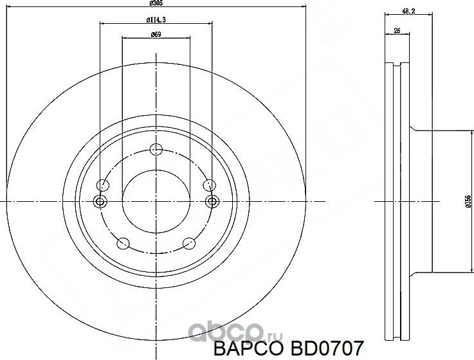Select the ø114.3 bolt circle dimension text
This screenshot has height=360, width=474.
click(156, 21)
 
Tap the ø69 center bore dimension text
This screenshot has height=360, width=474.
click(156, 35)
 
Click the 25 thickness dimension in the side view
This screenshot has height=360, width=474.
click(397, 30)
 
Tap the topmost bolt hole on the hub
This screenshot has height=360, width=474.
click(155, 150)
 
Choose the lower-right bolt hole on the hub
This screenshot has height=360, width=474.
click(188, 243)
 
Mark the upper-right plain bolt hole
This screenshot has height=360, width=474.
click(208, 185)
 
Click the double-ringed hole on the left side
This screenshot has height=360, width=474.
click(100, 202)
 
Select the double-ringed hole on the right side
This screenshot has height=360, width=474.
click(212, 202)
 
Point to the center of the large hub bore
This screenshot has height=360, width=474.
click(155, 202)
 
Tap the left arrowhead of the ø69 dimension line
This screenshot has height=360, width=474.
click(124, 39)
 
